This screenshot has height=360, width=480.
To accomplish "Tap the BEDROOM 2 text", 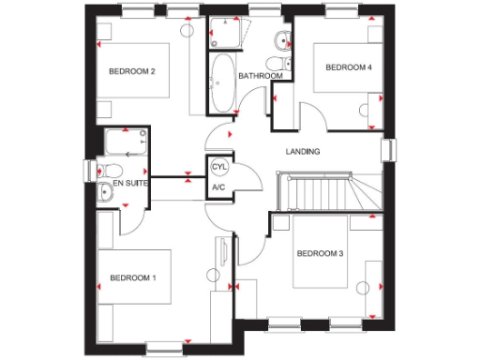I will click(x=131, y=71).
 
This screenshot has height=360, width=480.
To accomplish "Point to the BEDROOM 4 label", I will click(x=349, y=67).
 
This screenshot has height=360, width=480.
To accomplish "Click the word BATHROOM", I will click(x=260, y=76).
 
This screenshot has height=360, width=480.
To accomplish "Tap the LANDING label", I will click(x=303, y=152).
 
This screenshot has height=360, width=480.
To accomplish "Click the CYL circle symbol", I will click(x=219, y=167).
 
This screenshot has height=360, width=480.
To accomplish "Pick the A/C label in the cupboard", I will click(x=218, y=187).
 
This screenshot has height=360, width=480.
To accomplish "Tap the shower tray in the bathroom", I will click(x=226, y=33).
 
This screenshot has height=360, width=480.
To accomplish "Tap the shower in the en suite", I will click(x=126, y=143).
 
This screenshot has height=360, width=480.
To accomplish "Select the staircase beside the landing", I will click(x=319, y=192).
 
